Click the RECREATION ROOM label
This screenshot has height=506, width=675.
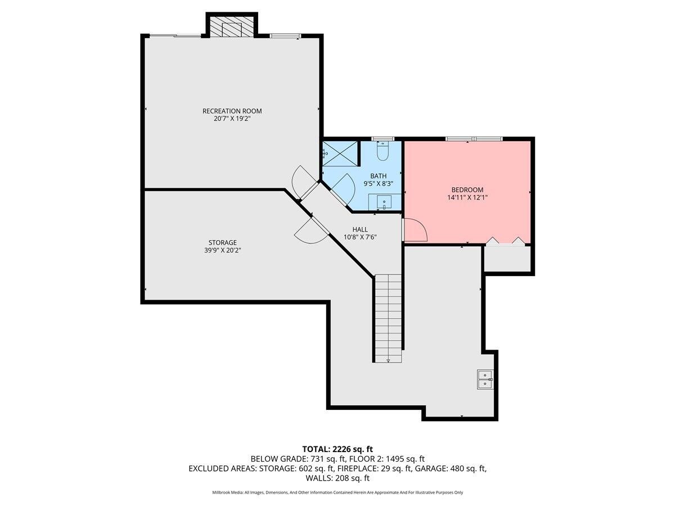tap(232, 111)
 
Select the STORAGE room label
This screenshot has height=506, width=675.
tap(223, 242)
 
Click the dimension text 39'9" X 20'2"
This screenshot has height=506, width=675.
tap(223, 250)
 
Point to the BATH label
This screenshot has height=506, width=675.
tap(378, 176)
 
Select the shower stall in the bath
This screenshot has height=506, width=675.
tap(340, 153)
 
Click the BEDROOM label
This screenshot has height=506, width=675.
tap(467, 190)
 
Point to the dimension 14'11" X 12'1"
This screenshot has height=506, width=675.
tap(467, 198)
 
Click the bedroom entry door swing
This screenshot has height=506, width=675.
tap(415, 229)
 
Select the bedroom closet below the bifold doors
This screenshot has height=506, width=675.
tap(508, 259)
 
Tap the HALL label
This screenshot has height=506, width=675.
tap(360, 229)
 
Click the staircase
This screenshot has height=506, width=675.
tap(389, 318)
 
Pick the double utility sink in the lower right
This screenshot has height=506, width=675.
tap(484, 379)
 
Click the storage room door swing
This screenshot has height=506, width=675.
tap(311, 231)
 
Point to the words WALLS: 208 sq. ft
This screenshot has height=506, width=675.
tap(337, 478)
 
